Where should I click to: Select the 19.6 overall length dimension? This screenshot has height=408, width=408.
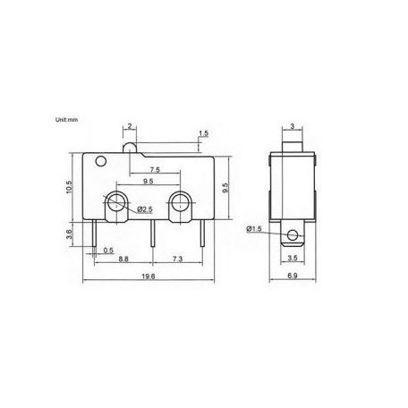(149, 276)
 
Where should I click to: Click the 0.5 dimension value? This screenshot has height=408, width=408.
(109, 250)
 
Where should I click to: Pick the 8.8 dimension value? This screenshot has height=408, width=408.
(123, 259)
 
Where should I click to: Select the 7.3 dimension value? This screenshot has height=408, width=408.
(178, 259)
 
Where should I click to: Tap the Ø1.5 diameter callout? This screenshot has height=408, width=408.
(255, 229)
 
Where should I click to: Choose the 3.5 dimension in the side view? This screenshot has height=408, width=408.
(293, 259)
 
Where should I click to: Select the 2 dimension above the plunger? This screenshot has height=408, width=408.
(130, 128)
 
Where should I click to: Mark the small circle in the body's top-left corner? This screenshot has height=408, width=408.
(99, 162)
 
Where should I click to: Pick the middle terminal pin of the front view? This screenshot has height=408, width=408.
(155, 234)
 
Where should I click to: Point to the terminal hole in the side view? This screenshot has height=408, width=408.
(293, 236)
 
